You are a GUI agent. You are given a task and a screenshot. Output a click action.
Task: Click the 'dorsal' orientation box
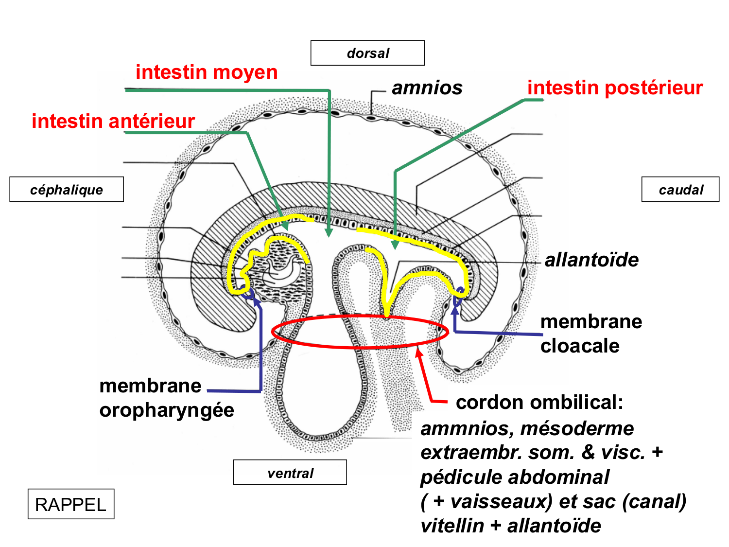[x=367, y=53]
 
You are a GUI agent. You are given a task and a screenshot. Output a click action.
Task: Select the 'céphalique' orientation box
[x=67, y=190]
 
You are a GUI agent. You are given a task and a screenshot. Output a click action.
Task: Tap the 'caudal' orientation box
[x=680, y=190]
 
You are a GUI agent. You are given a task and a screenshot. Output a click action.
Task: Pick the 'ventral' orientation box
[x=290, y=473]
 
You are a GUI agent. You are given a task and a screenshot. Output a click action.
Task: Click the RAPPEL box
[x=71, y=504]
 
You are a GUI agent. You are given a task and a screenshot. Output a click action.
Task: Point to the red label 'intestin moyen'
[x=207, y=72]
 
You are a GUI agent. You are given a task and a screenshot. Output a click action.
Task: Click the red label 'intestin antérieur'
[x=113, y=121]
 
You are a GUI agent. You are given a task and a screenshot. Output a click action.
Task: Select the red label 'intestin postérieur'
[x=615, y=88]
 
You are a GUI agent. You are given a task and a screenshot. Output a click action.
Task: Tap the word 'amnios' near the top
[x=427, y=88]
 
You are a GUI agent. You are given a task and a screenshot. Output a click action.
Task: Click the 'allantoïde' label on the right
[x=591, y=260]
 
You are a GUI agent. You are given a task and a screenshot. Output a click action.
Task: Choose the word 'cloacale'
[x=580, y=346]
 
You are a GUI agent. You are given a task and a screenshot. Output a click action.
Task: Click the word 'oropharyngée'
[x=167, y=410]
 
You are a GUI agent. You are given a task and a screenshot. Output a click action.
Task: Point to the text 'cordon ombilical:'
[x=539, y=402]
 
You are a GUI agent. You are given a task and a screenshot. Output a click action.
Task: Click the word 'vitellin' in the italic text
[x=452, y=526]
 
